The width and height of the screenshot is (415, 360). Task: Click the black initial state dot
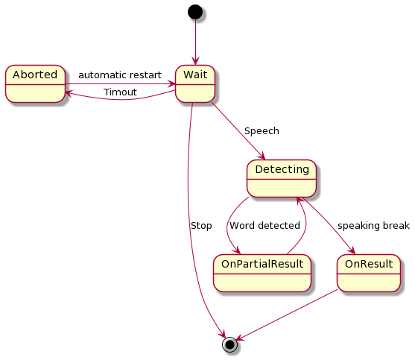pos(195,12)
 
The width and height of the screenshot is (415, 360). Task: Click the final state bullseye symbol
pos(229,344)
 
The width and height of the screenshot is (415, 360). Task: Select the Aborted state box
pos(35,83)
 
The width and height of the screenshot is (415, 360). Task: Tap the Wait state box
pos(195,83)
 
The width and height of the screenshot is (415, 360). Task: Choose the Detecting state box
pos(282,178)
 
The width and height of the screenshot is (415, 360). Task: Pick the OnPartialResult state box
pos(262,274)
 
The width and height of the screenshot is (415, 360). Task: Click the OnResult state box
pos(369,274)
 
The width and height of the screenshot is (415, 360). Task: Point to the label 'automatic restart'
pos(120,75)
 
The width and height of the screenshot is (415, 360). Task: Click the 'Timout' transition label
pos(120,92)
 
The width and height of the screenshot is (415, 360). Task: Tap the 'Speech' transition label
pos(262,130)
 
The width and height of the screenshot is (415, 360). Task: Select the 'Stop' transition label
pos(201,226)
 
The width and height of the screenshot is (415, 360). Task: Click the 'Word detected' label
pos(264,226)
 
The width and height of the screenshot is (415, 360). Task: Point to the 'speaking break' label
pos(373,226)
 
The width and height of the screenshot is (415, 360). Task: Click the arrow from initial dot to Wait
pos(195,42)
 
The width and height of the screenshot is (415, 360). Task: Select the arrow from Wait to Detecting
pos(238,130)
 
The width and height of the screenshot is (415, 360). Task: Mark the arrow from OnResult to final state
pos(286,315)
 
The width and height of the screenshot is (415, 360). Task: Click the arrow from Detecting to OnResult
pos(329,226)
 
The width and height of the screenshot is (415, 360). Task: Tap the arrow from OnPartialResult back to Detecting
pos(305,225)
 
